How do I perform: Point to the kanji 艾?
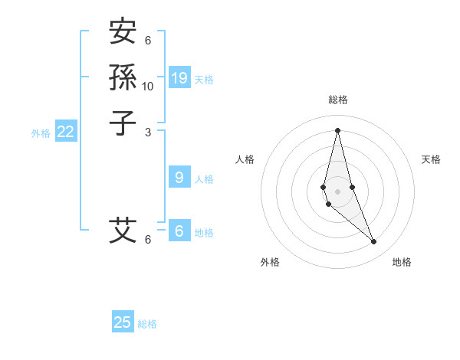tap(123, 230)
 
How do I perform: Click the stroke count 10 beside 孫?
tap(148, 87)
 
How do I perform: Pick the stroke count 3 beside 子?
tap(148, 132)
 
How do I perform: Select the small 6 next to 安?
tap(148, 41)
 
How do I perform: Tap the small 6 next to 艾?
tap(148, 240)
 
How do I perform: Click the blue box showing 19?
tap(179, 78)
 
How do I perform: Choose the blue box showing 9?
tap(179, 178)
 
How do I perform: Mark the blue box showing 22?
tap(66, 132)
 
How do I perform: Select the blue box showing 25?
tap(123, 322)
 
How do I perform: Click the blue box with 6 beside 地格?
tap(179, 231)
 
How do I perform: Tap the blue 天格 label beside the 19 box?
tap(204, 80)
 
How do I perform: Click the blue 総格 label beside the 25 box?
tap(147, 324)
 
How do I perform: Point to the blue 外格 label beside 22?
tap(41, 133)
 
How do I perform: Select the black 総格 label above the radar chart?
tap(337, 100)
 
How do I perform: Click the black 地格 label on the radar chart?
tap(402, 262)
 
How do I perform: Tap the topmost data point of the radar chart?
tap(337, 130)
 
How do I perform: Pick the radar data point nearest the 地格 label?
tap(374, 241)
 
